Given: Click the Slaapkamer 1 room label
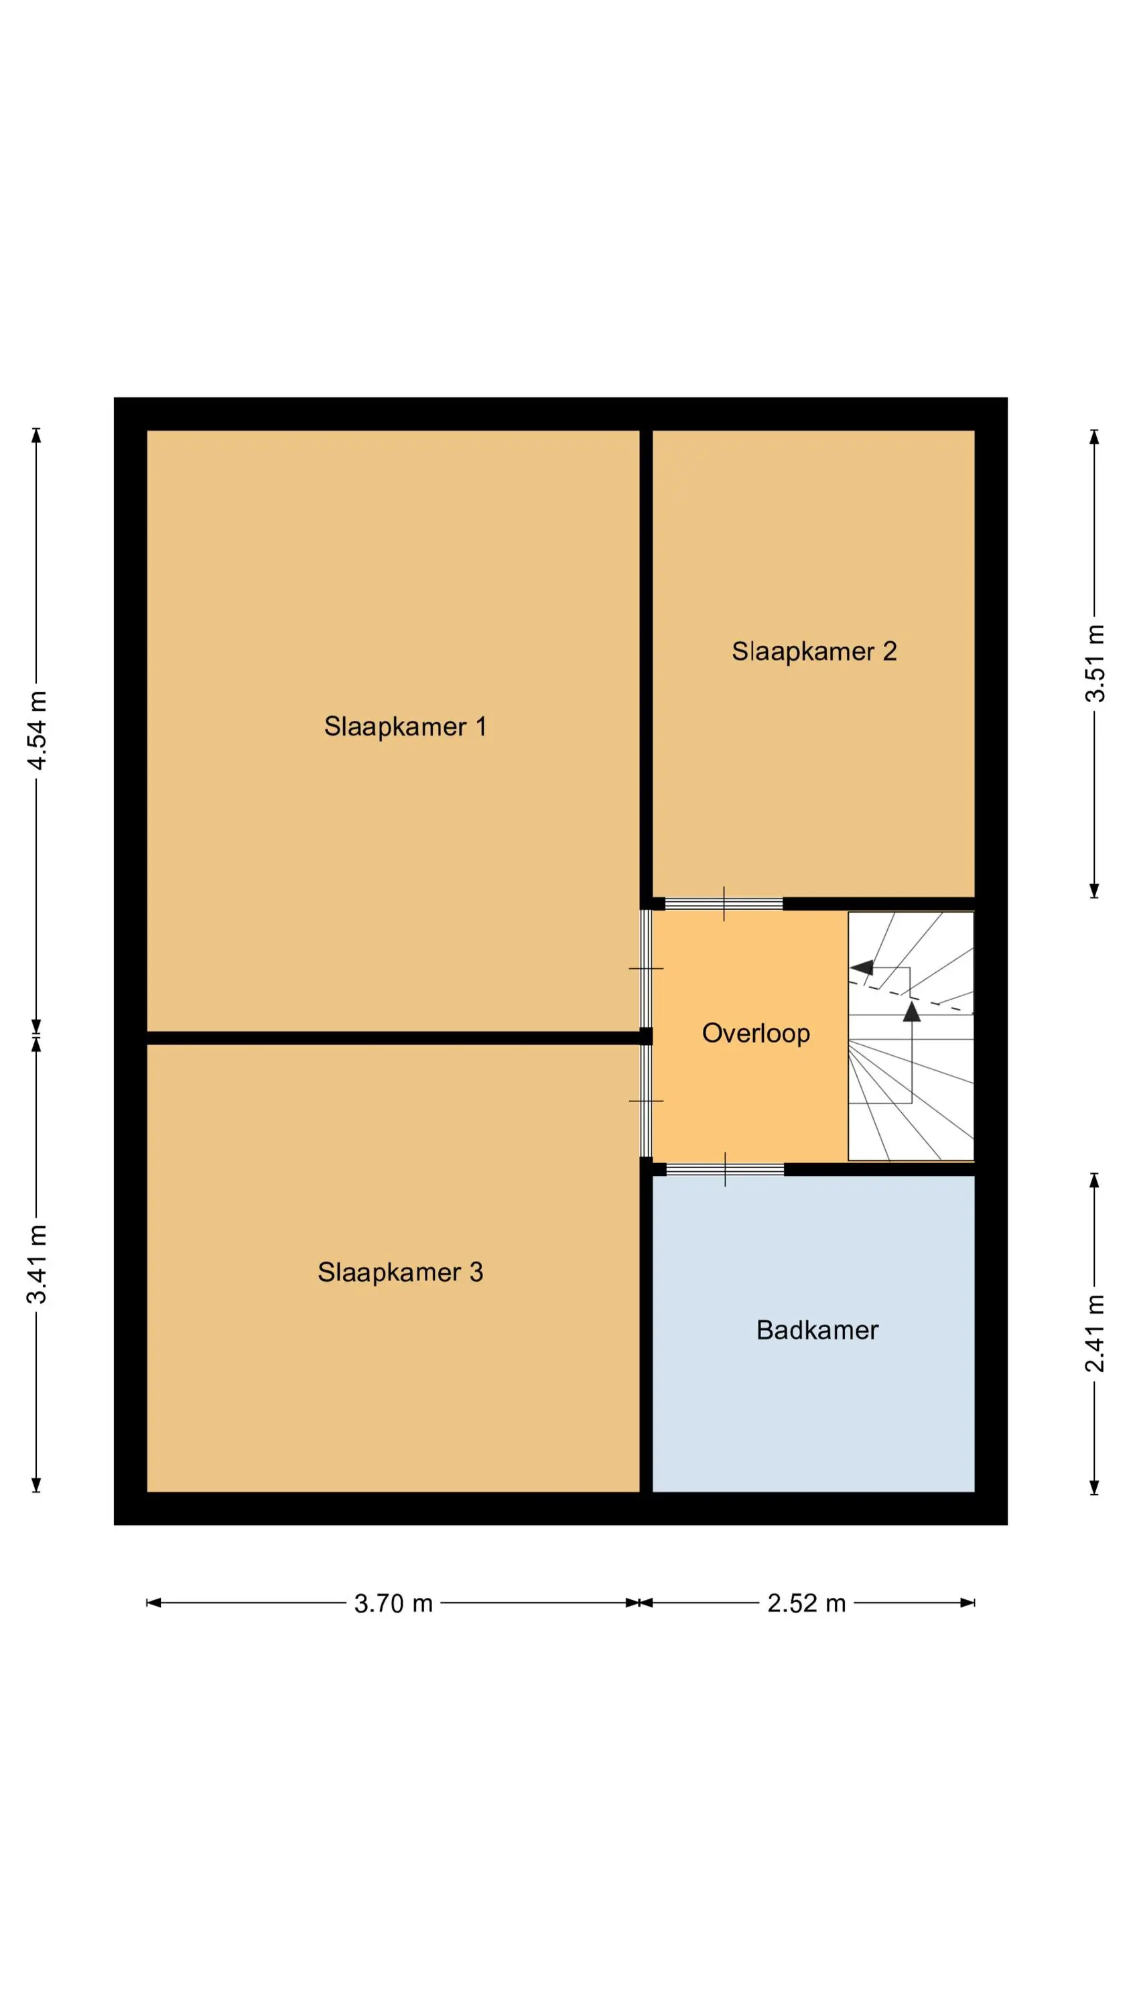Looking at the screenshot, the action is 405,726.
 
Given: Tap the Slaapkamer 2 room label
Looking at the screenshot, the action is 814,651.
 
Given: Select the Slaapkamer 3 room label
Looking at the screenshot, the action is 401,1272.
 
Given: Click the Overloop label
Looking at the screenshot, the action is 756,1033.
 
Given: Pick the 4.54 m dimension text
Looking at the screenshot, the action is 37,730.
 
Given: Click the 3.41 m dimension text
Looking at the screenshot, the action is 37,1264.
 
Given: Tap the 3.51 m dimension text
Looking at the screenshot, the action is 1095,663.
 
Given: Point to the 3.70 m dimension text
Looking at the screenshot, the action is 393,1603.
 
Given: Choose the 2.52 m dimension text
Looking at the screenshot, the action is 806,1603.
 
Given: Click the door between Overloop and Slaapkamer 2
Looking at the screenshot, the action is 724,904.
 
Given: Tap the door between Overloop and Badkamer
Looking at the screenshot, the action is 725,1169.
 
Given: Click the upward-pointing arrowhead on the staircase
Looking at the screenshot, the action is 912,1011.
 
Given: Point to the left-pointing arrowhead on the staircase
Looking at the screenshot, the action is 862,967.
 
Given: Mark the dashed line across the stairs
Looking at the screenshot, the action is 911,996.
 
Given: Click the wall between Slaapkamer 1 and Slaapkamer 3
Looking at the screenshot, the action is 393,1038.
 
